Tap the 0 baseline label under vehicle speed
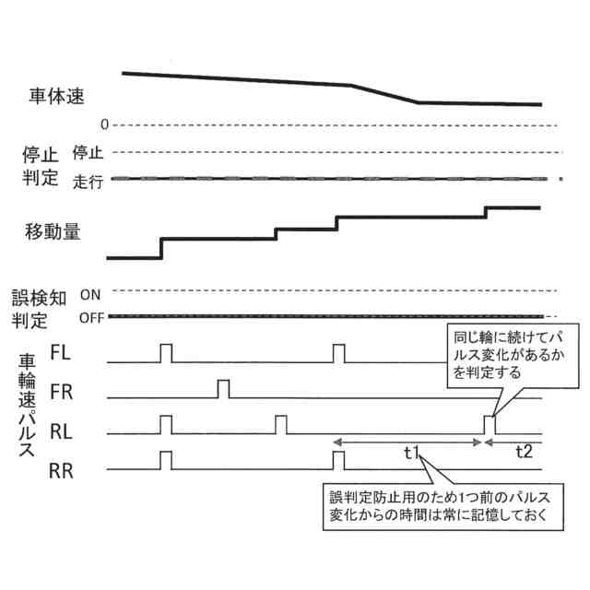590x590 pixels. coord(105,124)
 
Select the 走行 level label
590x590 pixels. coord(88,182)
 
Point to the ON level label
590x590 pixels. coord(90,295)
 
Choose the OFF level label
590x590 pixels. coord(90,318)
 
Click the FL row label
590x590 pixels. coord(60,353)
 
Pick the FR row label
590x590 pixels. coord(61,392)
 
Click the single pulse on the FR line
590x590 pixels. coord(223,388)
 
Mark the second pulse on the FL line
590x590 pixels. coord(338,352)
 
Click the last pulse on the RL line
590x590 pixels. coord(490,425)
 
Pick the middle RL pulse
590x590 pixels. coord(281,425)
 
